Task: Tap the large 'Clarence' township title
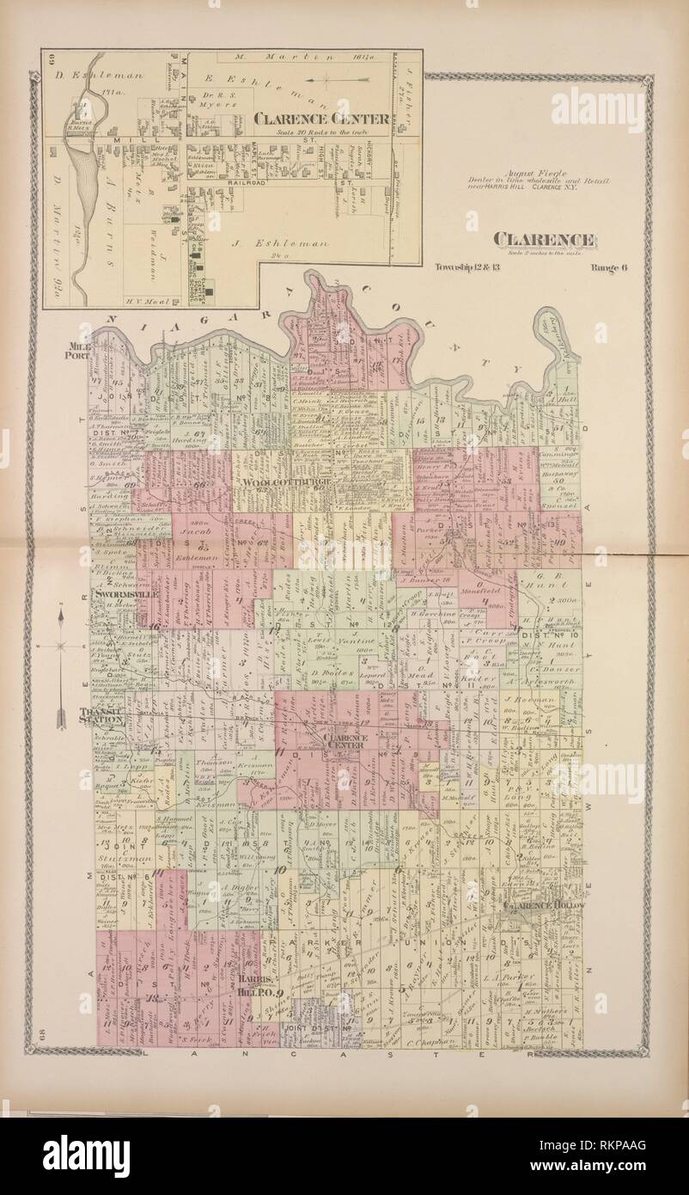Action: [x=544, y=240]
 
